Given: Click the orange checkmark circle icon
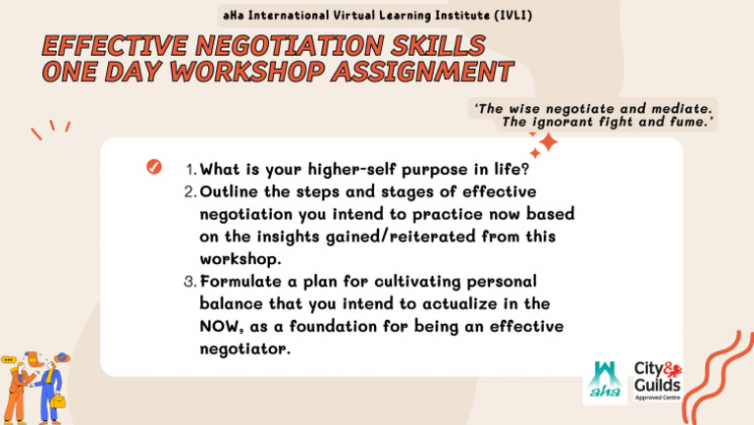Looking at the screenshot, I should tap(153, 167).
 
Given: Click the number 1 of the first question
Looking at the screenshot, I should tap(189, 168).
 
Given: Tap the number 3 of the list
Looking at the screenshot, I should tap(189, 283).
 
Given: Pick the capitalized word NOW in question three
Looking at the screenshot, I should tap(221, 326).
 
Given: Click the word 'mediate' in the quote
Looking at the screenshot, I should tap(680, 106).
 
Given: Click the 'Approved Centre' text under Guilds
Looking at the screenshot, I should tap(659, 401).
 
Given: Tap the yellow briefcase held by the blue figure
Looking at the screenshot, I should tap(58, 402).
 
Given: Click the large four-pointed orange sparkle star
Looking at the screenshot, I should tap(547, 144).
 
